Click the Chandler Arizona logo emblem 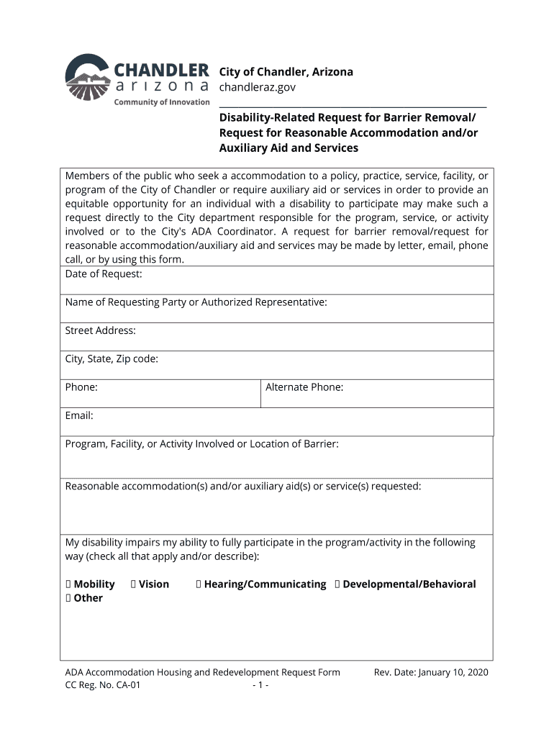[88, 78]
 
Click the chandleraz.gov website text [257, 87]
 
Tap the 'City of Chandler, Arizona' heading [286, 72]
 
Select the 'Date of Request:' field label [104, 274]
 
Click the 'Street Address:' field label [100, 331]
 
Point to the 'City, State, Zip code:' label [112, 359]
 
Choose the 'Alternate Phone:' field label [304, 387]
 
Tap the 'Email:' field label [79, 415]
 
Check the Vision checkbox [134, 584]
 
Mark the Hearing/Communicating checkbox [199, 584]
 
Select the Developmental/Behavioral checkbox [337, 584]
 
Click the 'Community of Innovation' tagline [162, 102]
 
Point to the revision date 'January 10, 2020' [453, 672]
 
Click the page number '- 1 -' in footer [260, 685]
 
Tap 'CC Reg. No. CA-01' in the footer [103, 685]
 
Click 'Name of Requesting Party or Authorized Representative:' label [196, 302]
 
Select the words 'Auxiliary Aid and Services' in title [289, 148]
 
